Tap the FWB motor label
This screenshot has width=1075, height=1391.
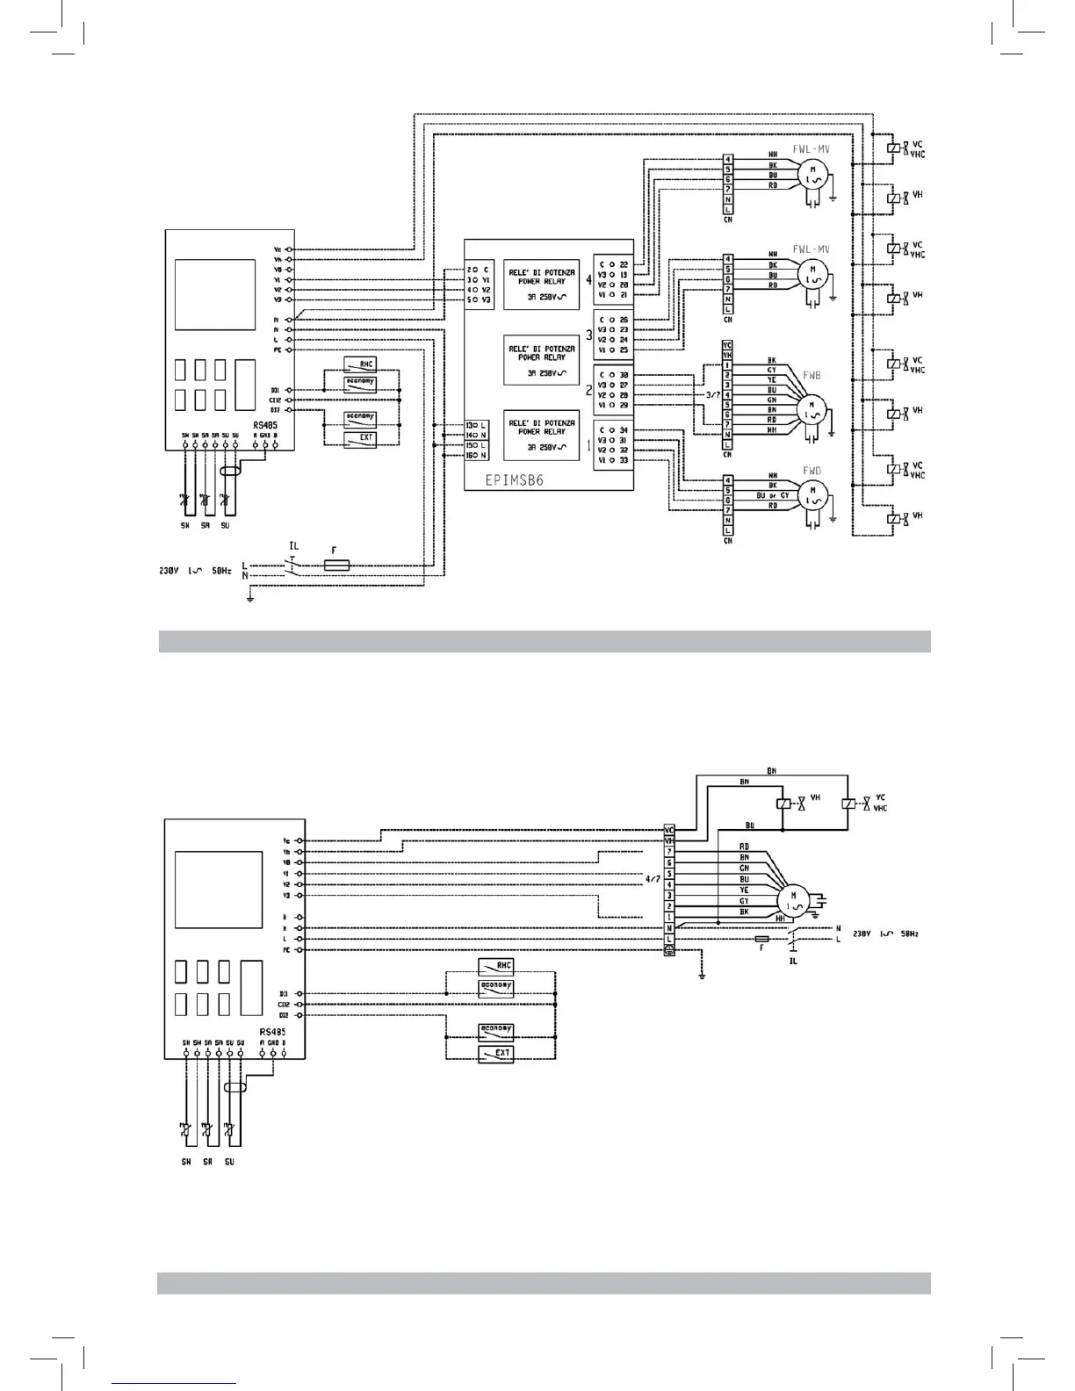pos(811,374)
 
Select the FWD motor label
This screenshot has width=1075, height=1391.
pos(811,471)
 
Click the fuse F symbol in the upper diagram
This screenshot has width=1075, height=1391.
pos(336,566)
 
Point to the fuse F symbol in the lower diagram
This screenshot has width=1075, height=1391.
pos(761,940)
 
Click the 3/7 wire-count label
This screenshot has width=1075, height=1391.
pos(715,395)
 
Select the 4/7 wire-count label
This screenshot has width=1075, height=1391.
pos(652,878)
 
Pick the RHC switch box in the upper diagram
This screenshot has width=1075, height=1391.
pos(359,365)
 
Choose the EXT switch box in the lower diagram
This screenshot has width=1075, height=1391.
pos(496,1053)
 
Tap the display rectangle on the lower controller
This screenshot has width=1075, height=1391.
pos(219,889)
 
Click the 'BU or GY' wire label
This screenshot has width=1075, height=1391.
pos(773,495)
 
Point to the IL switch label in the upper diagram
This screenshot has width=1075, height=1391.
pos(294,547)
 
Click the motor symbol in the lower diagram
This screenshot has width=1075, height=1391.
pos(794,901)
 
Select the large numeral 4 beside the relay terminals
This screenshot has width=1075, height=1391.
pos(588,281)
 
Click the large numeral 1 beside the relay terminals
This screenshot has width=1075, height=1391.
pos(588,446)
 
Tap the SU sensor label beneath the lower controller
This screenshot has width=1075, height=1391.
pos(228,1162)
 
